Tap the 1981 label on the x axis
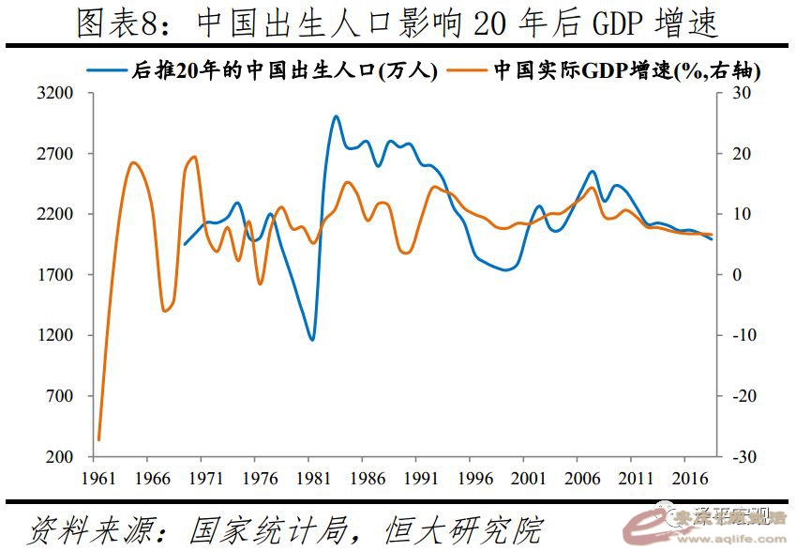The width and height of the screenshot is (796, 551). pos(313,477)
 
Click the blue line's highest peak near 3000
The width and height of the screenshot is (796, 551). pos(336,116)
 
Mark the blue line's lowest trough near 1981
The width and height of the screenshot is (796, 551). pos(311,340)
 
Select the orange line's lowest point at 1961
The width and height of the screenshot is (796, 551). pos(98,439)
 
